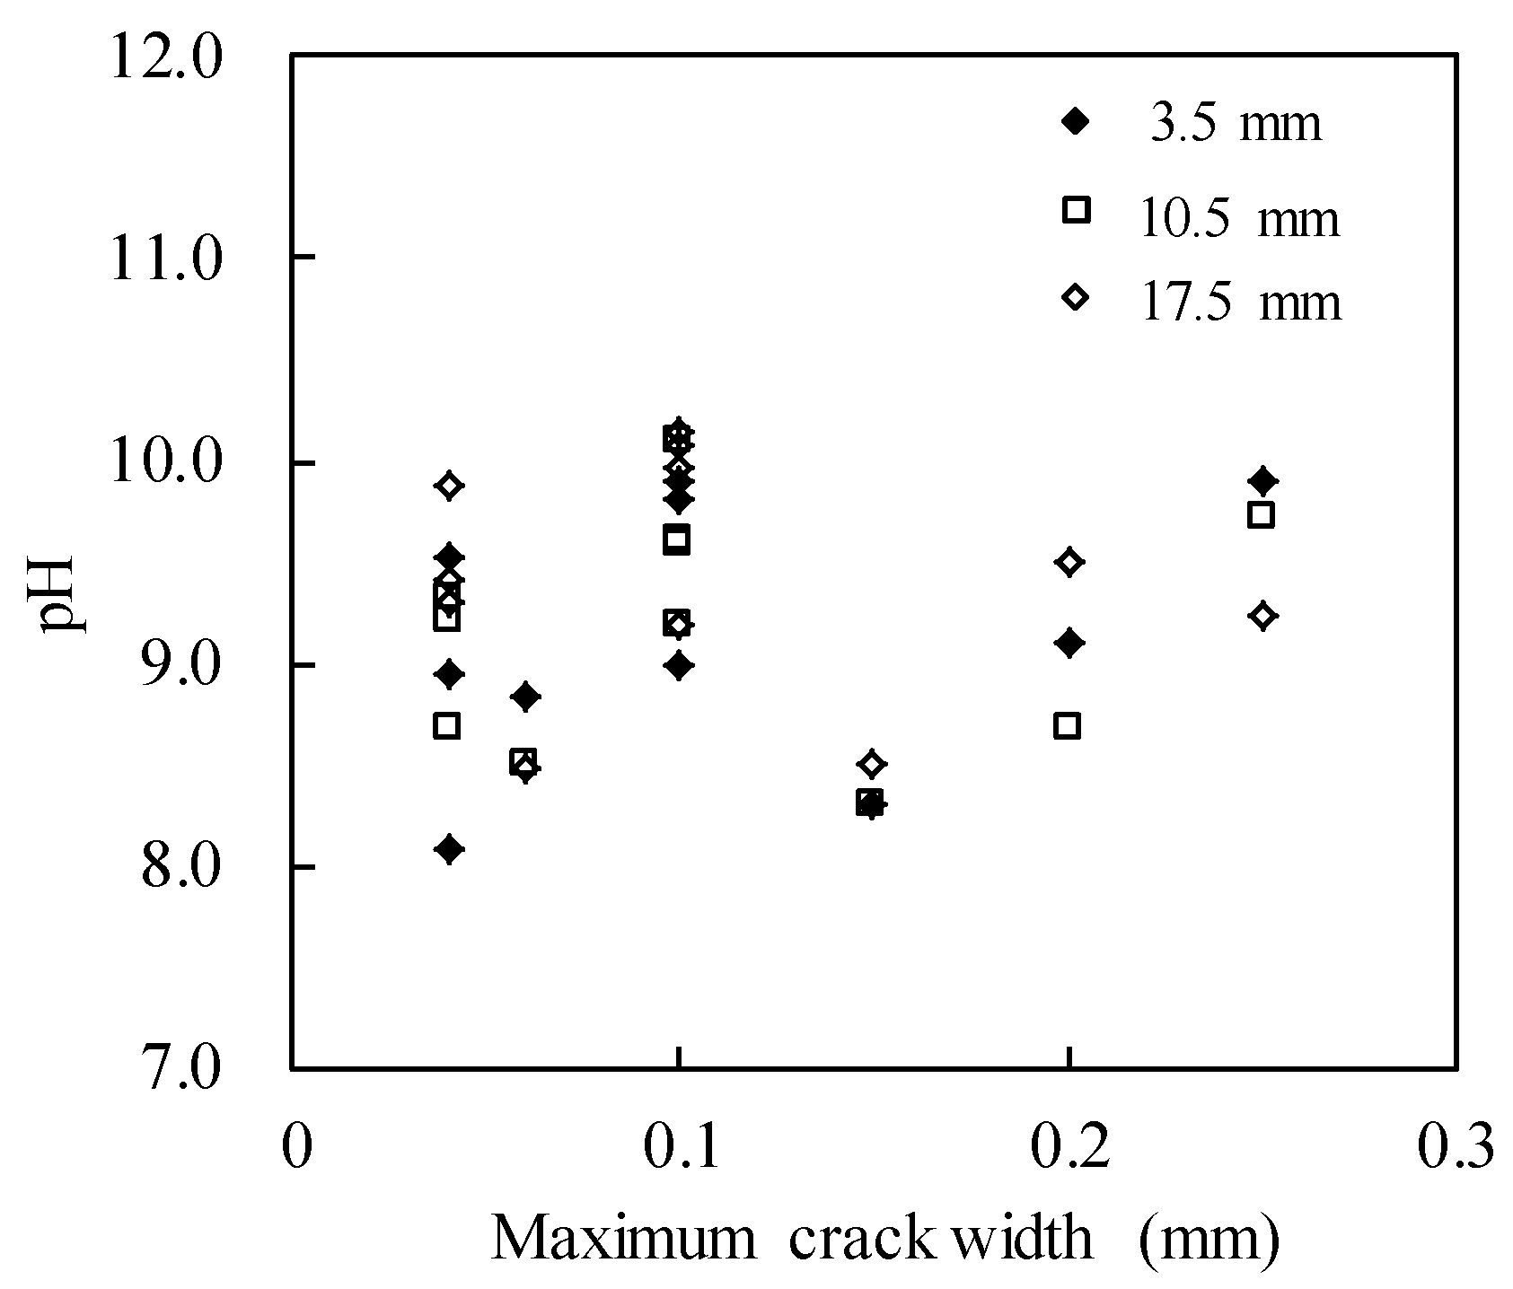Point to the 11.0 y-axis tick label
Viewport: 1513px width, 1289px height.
tap(164, 260)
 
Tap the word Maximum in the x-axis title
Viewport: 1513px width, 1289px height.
tap(624, 1240)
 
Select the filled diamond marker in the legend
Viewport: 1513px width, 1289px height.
tap(1075, 121)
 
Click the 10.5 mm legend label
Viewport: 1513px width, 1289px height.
tap(1239, 218)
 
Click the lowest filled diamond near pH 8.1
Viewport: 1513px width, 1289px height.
tap(450, 849)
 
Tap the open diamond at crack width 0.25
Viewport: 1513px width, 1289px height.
tap(1263, 617)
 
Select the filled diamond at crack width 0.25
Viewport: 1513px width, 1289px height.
tap(1263, 481)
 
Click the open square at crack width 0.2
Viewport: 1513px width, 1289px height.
tap(1067, 726)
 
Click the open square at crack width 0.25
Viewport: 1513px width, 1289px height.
tap(1262, 515)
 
